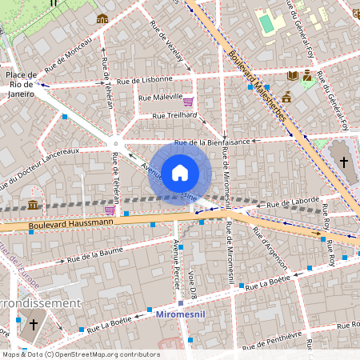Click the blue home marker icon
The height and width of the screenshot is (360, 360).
179,173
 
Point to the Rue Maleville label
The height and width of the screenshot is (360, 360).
160,98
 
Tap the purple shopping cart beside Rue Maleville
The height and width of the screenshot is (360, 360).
188,102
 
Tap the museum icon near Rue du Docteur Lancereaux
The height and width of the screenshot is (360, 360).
33,205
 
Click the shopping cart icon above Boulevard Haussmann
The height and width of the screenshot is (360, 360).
109,210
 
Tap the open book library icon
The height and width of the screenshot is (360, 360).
293,75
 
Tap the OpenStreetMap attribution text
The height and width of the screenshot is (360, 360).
80,354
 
